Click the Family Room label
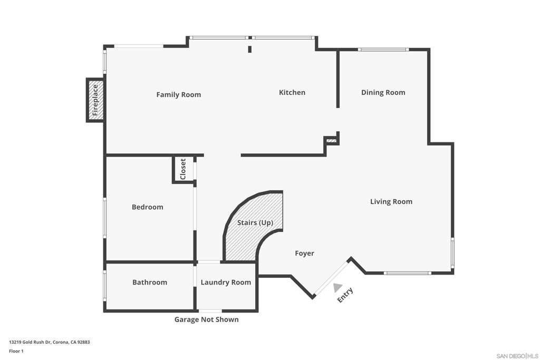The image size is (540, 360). point(178,95)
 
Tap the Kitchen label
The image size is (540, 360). point(292,92)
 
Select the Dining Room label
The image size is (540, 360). point(383,92)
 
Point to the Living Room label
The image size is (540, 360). point(391,201)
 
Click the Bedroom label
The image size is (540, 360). point(147,207)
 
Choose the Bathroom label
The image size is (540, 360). point(149,283)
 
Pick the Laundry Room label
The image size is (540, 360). point(226,283)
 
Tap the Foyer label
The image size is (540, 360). point(304,254)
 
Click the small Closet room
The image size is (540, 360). point(183,169)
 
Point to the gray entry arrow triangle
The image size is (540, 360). point(337,287)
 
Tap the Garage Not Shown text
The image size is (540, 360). point(206,319)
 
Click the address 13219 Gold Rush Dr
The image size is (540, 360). point(49,342)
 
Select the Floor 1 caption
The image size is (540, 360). point(16,351)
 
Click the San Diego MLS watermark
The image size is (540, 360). point(517,355)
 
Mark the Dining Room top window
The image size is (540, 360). point(383,50)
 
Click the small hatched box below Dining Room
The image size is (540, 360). point(331,141)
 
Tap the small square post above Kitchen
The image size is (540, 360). point(250,50)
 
